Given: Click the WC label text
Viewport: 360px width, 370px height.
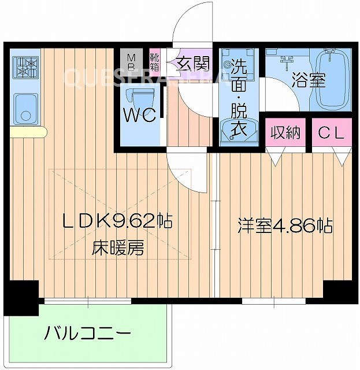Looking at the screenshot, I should point(140,116).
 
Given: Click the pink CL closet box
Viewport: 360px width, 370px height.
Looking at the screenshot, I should point(332,133).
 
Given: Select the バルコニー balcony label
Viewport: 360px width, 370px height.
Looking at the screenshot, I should point(88,333).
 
